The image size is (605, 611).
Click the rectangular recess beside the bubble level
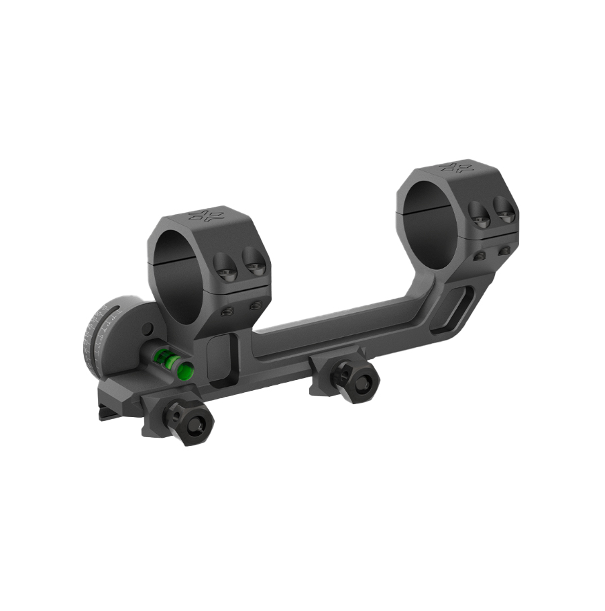pyautogui.click(x=220, y=359)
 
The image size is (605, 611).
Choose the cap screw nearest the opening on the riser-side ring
pyautogui.click(x=478, y=214)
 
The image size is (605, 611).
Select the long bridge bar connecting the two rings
pyautogui.click(x=335, y=329)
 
